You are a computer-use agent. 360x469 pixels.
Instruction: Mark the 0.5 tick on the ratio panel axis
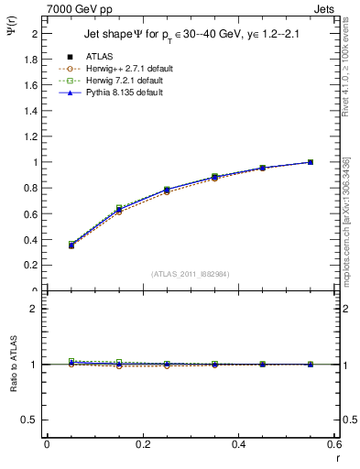[32, 420]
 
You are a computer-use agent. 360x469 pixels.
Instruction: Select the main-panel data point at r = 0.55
[311, 162]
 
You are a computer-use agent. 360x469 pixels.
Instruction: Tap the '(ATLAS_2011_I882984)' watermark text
[191, 273]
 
